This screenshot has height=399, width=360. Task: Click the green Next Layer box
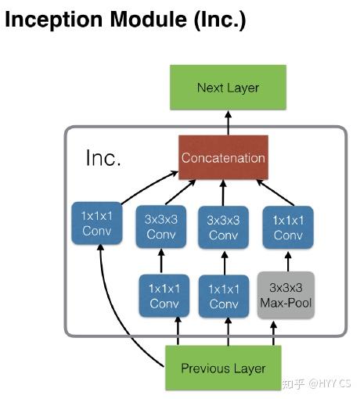click(228, 88)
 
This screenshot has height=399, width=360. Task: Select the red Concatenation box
click(223, 158)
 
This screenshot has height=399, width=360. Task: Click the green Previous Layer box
click(223, 368)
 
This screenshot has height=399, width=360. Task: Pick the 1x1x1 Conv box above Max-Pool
click(287, 227)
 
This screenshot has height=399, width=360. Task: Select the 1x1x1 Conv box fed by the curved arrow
click(97, 224)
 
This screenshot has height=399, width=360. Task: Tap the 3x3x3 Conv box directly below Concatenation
click(223, 227)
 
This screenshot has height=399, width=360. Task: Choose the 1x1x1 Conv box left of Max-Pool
click(223, 295)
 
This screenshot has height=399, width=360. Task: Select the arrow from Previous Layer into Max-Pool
click(274, 332)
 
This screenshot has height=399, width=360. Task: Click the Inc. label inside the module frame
click(103, 159)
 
